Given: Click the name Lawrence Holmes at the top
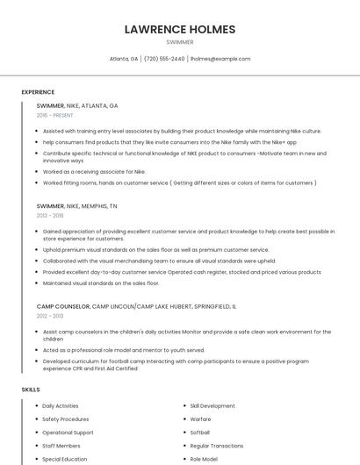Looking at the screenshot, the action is (x=180, y=29).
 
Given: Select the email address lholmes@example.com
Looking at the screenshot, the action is (x=220, y=59).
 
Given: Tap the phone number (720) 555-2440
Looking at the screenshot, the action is (x=164, y=59).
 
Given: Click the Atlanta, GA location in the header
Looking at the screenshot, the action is (x=124, y=59).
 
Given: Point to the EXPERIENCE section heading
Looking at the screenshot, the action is (x=38, y=92).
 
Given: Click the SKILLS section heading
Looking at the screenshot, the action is (x=31, y=389).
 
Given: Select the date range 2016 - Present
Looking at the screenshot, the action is (x=56, y=115).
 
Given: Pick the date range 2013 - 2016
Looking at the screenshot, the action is (x=50, y=215).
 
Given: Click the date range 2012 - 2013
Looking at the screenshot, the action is (x=50, y=316).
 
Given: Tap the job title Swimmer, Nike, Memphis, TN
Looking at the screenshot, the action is (x=76, y=205).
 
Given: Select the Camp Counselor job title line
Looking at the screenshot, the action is (x=136, y=306).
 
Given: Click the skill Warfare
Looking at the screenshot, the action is (x=201, y=419).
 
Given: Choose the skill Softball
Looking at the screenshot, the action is (x=200, y=433).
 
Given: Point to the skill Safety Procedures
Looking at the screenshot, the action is (x=66, y=419).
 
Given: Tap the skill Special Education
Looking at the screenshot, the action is (x=65, y=459).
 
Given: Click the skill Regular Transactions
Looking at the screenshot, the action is (x=217, y=446).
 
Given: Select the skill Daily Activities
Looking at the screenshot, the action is (x=61, y=406).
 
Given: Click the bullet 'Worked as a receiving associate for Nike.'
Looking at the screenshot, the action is (x=94, y=172).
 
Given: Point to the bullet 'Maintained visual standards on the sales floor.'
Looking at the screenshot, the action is (x=101, y=283).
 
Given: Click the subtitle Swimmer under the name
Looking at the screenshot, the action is (x=180, y=42).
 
